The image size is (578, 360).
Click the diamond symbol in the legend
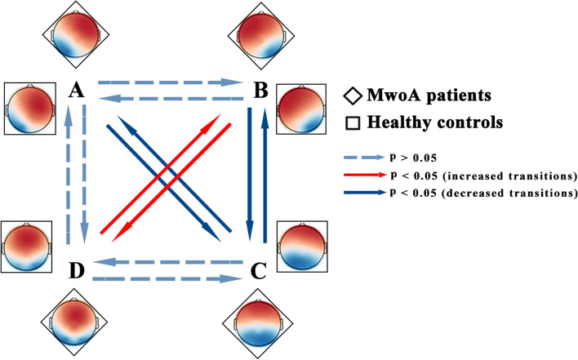click(352, 96)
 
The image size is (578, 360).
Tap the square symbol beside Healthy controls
click(352, 122)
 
